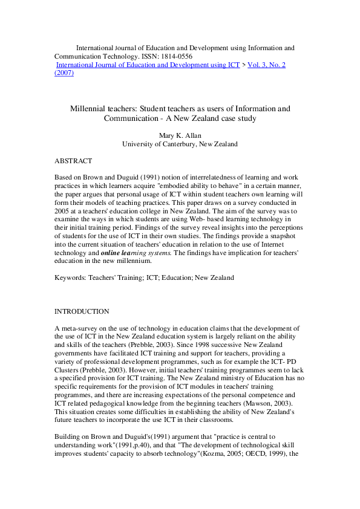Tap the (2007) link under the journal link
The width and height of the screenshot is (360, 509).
[x=65, y=73]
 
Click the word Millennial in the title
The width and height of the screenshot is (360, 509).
[x=87, y=109]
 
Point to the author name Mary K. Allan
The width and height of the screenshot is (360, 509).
[x=180, y=136]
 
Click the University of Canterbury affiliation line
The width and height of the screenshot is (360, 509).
[x=180, y=144]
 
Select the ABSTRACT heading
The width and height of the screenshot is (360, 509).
[x=73, y=161]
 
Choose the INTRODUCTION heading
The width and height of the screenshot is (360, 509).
[x=82, y=311]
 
